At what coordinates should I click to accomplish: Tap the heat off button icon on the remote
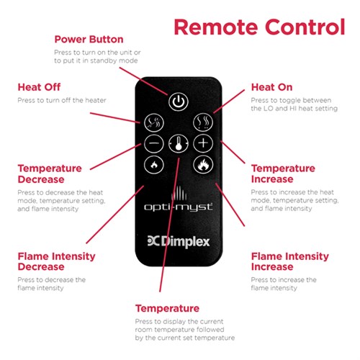[x=154, y=122]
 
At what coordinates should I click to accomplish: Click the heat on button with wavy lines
[x=203, y=122]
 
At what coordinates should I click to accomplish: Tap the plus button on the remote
[x=203, y=143]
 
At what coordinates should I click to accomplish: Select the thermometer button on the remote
[x=179, y=143]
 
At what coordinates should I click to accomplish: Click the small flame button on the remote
[x=154, y=165]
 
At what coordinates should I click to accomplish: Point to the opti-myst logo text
[x=179, y=207]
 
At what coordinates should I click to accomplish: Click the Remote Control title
[x=259, y=27]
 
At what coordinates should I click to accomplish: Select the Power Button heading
[x=89, y=40]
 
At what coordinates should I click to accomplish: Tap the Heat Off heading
[x=39, y=87]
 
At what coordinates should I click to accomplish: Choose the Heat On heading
[x=272, y=87]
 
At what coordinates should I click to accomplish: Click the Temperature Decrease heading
[x=50, y=174]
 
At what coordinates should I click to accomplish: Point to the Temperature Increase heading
[x=283, y=174]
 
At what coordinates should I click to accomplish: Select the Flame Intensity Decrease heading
[x=56, y=261]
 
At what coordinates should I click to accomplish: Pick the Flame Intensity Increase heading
[x=290, y=261]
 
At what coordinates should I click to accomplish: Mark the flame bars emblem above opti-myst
[x=179, y=193]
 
